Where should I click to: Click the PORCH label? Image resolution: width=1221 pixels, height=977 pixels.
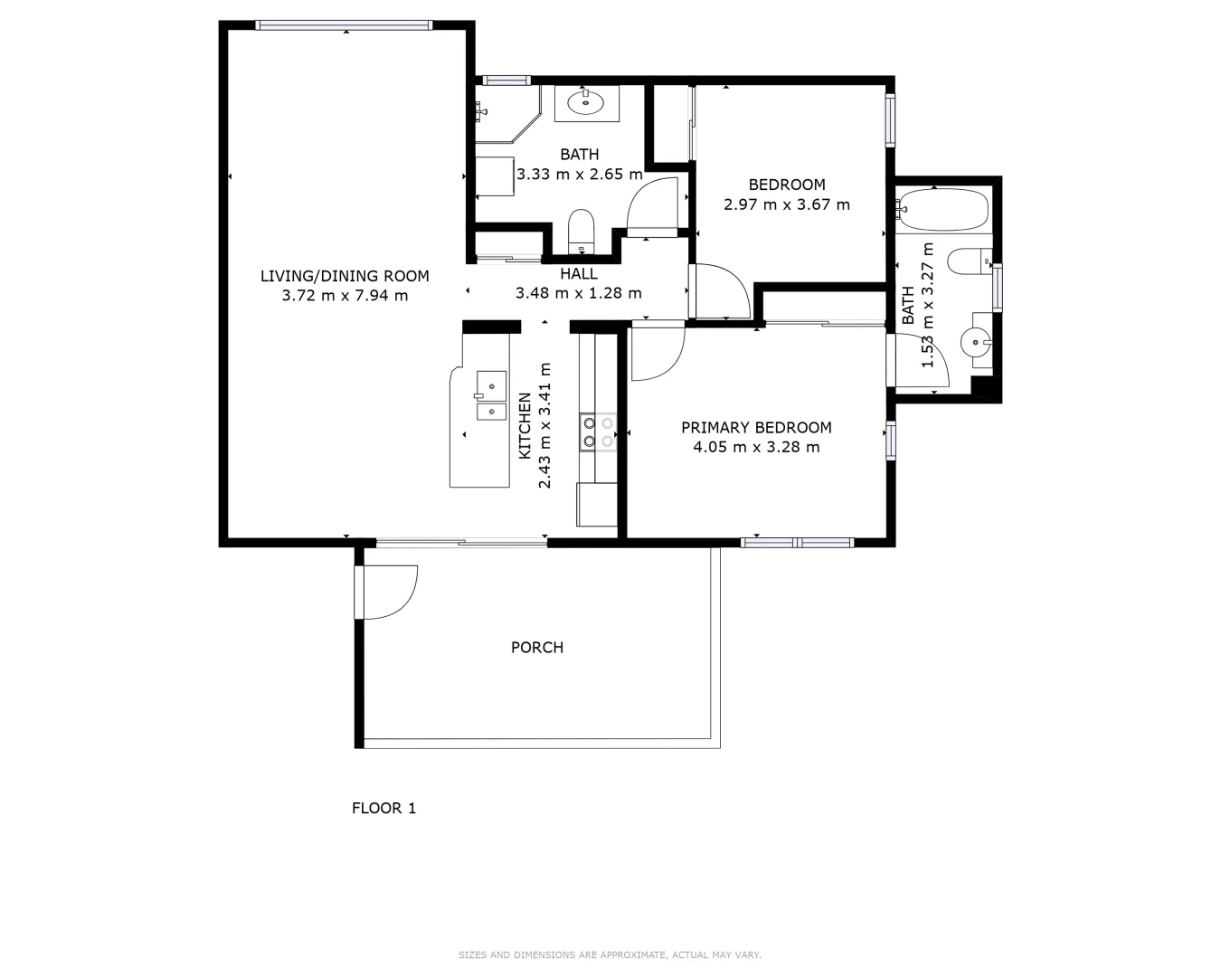(x=537, y=648)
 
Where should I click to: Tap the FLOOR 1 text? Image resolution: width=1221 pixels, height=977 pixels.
(x=383, y=809)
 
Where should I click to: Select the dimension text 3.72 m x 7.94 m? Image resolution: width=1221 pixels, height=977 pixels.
(x=345, y=296)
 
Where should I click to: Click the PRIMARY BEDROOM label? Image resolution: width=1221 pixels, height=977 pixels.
(x=756, y=428)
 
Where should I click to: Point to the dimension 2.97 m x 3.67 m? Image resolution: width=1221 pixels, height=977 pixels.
(x=787, y=204)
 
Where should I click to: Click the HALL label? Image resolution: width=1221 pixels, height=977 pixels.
(x=579, y=274)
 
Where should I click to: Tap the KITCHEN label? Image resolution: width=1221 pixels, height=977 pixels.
(x=525, y=425)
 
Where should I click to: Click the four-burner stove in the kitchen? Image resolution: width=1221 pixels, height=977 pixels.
(x=598, y=432)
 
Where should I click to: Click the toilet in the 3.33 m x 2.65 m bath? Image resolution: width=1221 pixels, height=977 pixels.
(x=580, y=231)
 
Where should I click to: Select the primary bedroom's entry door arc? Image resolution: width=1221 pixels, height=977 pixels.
(x=658, y=353)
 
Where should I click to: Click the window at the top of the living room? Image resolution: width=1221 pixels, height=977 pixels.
(x=345, y=25)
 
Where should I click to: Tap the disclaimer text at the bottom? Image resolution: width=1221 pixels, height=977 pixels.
(x=610, y=954)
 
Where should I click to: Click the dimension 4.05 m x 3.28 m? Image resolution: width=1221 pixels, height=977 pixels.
(x=756, y=447)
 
